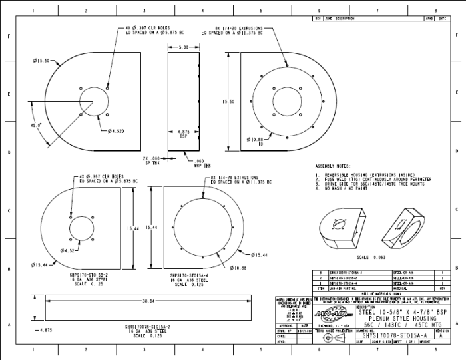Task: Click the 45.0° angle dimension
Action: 35,125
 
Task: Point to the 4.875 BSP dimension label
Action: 183,134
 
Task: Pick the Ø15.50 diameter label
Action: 42,61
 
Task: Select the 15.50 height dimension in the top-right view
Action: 227,102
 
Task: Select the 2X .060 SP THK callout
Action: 152,160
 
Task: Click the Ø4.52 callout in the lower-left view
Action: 67,250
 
